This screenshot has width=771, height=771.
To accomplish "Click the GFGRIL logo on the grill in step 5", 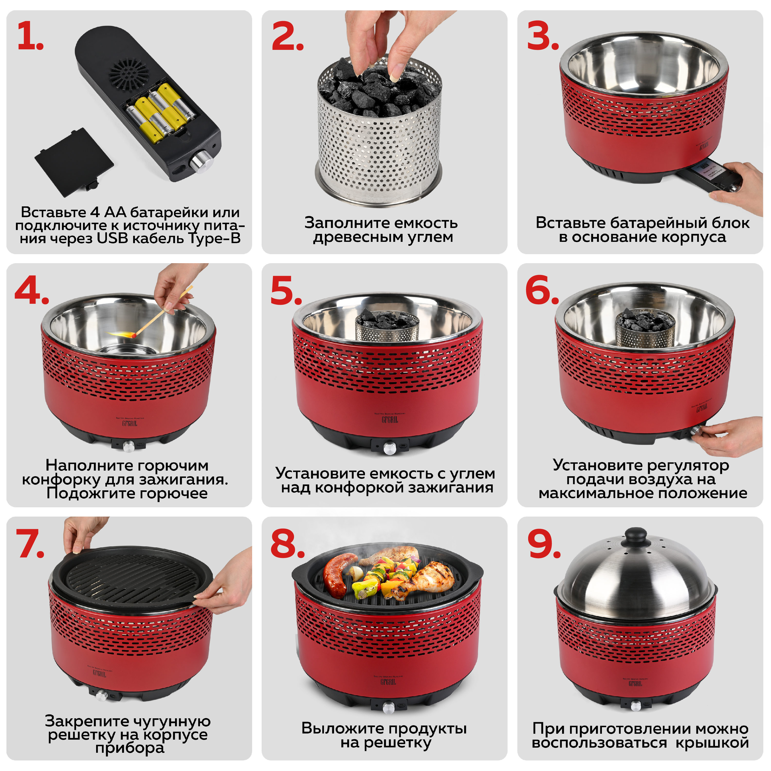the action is point(390,420).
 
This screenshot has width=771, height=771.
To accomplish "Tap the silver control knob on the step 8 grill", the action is point(388,708).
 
